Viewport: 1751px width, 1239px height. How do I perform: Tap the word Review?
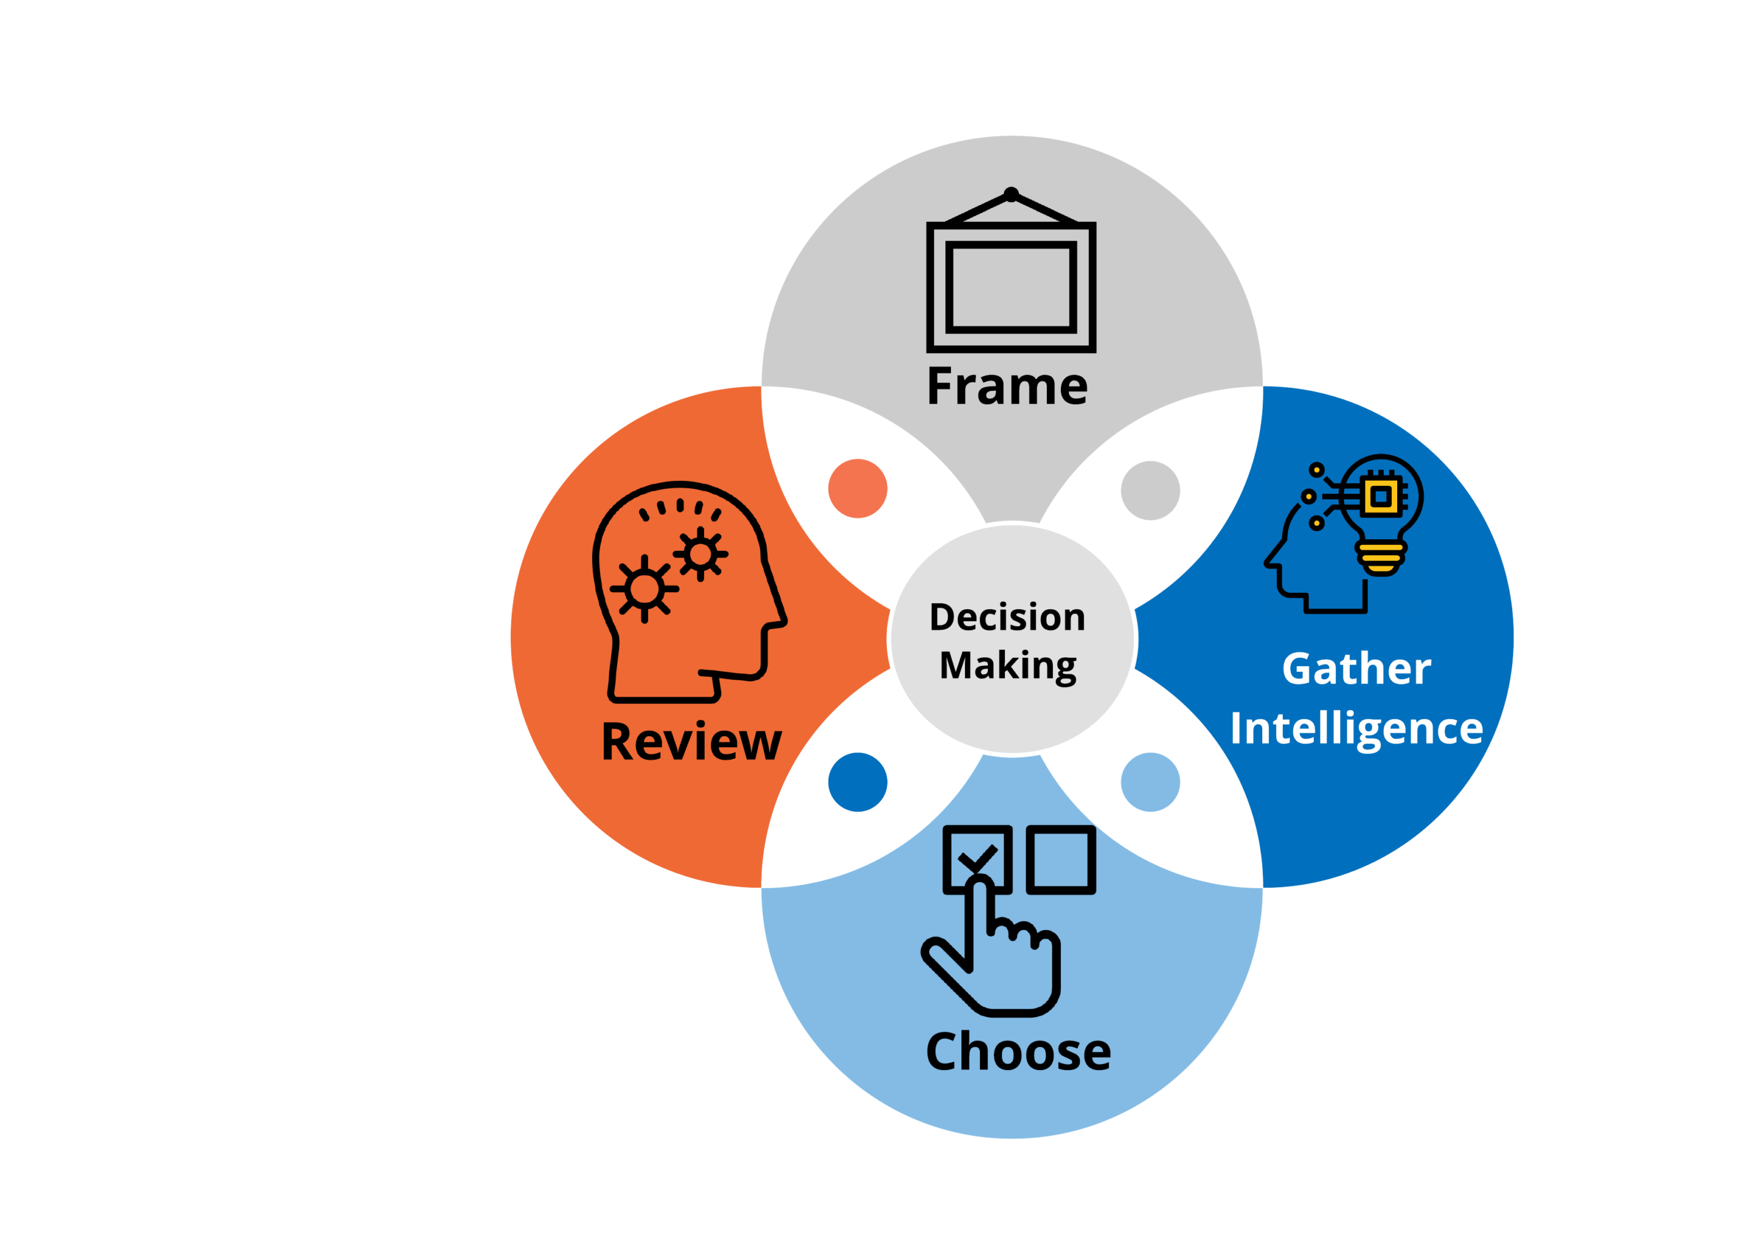click(691, 742)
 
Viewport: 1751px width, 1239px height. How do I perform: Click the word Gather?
click(1356, 669)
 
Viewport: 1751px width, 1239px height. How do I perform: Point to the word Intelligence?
click(1356, 728)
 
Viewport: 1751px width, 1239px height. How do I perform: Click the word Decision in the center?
click(1007, 617)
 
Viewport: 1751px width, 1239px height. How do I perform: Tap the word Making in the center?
click(1007, 665)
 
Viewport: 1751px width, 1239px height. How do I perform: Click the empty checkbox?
click(1060, 858)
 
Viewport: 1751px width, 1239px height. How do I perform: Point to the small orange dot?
click(858, 488)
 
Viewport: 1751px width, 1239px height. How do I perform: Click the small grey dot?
click(1150, 490)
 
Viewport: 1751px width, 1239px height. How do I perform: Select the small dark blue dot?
click(858, 782)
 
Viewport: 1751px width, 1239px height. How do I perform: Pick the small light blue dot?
click(1150, 782)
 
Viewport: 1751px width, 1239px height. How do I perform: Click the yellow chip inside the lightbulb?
click(1380, 497)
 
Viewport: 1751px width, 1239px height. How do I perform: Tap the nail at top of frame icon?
click(1011, 194)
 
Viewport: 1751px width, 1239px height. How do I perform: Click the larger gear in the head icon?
click(644, 588)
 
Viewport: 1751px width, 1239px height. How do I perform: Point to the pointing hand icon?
click(992, 954)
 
